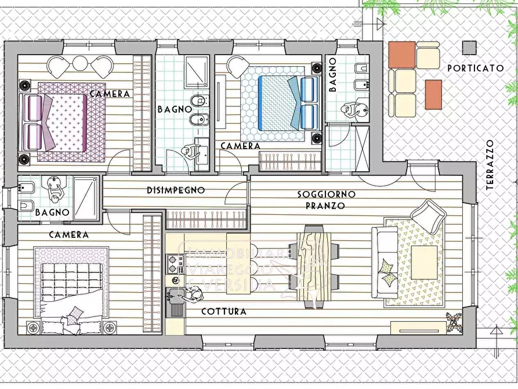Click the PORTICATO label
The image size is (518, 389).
pos(475,68)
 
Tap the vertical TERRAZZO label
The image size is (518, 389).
pos(490,165)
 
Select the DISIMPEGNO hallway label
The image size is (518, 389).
pos(175,190)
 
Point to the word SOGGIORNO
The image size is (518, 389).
pos(327,194)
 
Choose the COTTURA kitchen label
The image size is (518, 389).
pos(224,312)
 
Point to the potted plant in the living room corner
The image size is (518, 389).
pos(454,322)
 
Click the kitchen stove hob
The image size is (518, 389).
pos(173,265)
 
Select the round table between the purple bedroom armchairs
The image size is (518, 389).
pos(79,63)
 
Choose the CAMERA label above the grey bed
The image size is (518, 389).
pos(68,235)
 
